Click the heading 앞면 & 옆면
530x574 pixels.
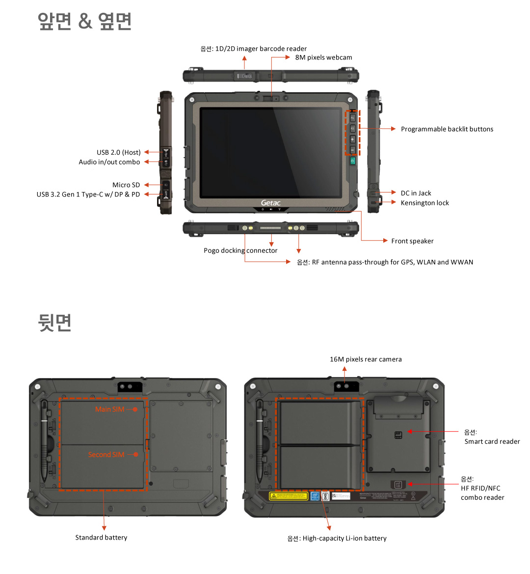point(85,21)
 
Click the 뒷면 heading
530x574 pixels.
point(55,322)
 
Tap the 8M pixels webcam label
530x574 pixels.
point(323,57)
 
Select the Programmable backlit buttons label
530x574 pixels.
point(447,129)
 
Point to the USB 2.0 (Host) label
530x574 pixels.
point(118,152)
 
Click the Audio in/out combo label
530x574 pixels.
point(109,162)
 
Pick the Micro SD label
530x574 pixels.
point(126,185)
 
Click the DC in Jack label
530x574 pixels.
point(416,193)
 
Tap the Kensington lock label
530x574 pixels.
point(424,203)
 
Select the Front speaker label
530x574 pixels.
point(412,241)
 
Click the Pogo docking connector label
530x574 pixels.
point(240,250)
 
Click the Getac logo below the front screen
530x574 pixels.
point(270,203)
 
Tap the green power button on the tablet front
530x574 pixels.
point(352,161)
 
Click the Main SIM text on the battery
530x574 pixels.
point(110,409)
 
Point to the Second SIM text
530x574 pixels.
point(106,455)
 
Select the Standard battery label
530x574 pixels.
point(101,538)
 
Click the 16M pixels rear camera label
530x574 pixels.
point(366,359)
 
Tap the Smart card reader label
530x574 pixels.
point(492,441)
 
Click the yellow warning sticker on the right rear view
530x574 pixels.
point(289,496)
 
